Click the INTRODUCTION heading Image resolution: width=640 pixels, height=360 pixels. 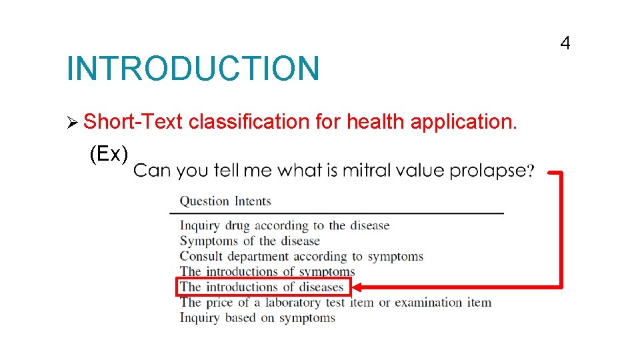coord(193,69)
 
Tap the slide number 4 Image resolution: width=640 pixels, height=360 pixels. coord(565,44)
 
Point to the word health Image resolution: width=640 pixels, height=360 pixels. coord(375,121)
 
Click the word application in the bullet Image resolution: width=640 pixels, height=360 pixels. coord(463,121)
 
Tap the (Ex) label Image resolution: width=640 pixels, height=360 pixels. coord(109,154)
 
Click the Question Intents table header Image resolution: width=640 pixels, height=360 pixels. coord(225,201)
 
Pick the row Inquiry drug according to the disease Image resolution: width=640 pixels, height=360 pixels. coord(285,226)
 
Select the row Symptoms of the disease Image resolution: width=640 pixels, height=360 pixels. coord(250,241)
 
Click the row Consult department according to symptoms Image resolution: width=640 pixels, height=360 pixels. coord(301,256)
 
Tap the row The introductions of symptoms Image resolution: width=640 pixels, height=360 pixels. coord(267,271)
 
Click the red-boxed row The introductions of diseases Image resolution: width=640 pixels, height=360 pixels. coord(263,287)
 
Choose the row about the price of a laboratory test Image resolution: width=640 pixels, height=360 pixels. coord(335,303)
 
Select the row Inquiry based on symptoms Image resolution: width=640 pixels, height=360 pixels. coord(257,318)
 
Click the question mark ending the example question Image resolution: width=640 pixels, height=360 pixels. coord(531,171)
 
